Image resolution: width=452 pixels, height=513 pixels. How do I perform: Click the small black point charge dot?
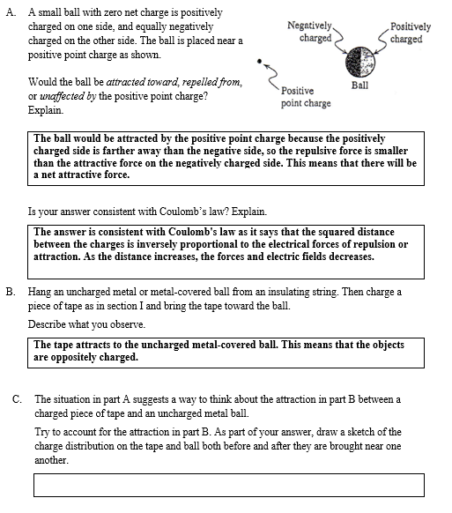pos(259,63)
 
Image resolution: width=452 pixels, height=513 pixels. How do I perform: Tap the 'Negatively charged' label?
pos(311,32)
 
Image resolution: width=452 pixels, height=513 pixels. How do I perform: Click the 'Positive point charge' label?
pos(306,97)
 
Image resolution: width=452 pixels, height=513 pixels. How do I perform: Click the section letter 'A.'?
pos(10,13)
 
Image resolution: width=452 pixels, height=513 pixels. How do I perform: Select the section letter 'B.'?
pos(10,292)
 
